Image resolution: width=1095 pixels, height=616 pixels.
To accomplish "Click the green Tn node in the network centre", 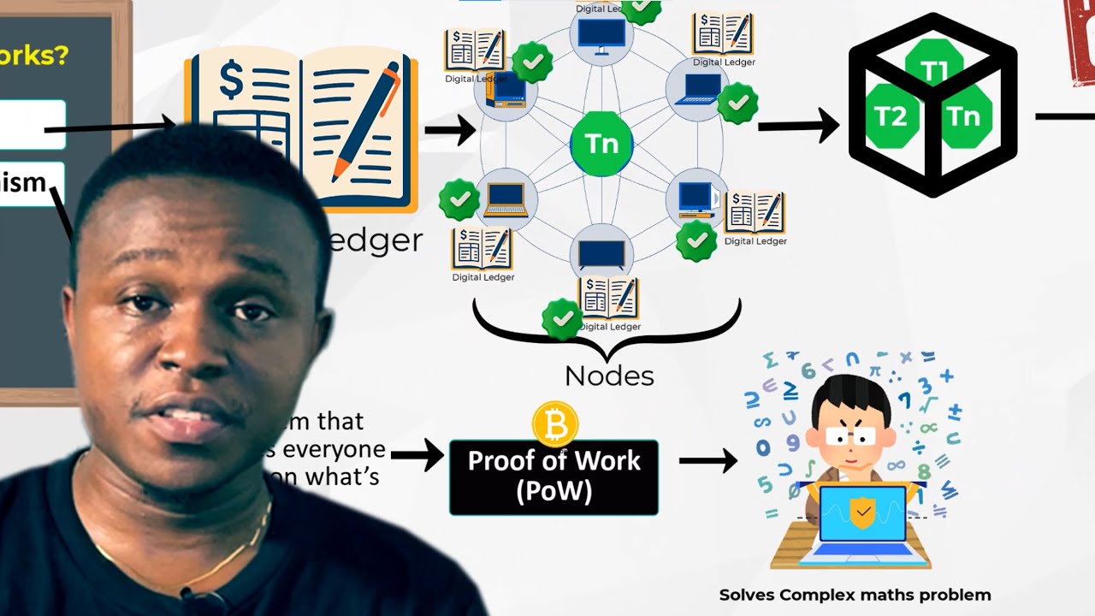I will (601, 143).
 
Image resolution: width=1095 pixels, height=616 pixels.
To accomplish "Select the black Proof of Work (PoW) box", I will (553, 477).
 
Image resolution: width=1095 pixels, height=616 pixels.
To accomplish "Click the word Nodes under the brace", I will (609, 376).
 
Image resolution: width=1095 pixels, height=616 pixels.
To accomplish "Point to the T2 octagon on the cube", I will (891, 117).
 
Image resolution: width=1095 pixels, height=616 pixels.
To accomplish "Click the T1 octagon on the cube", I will (933, 70).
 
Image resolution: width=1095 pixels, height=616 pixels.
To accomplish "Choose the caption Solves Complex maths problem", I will (855, 595).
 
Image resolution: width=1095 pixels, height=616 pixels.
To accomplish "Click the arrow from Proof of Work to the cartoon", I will (707, 462).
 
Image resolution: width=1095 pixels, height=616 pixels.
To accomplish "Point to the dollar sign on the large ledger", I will (231, 81).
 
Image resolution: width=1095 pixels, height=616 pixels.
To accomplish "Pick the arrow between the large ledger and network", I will (450, 131).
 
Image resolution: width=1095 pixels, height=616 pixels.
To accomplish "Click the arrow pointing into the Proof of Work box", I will (417, 456).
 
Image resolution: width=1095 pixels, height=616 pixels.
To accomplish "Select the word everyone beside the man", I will (334, 449).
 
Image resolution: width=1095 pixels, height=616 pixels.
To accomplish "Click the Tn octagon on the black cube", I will (964, 117).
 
